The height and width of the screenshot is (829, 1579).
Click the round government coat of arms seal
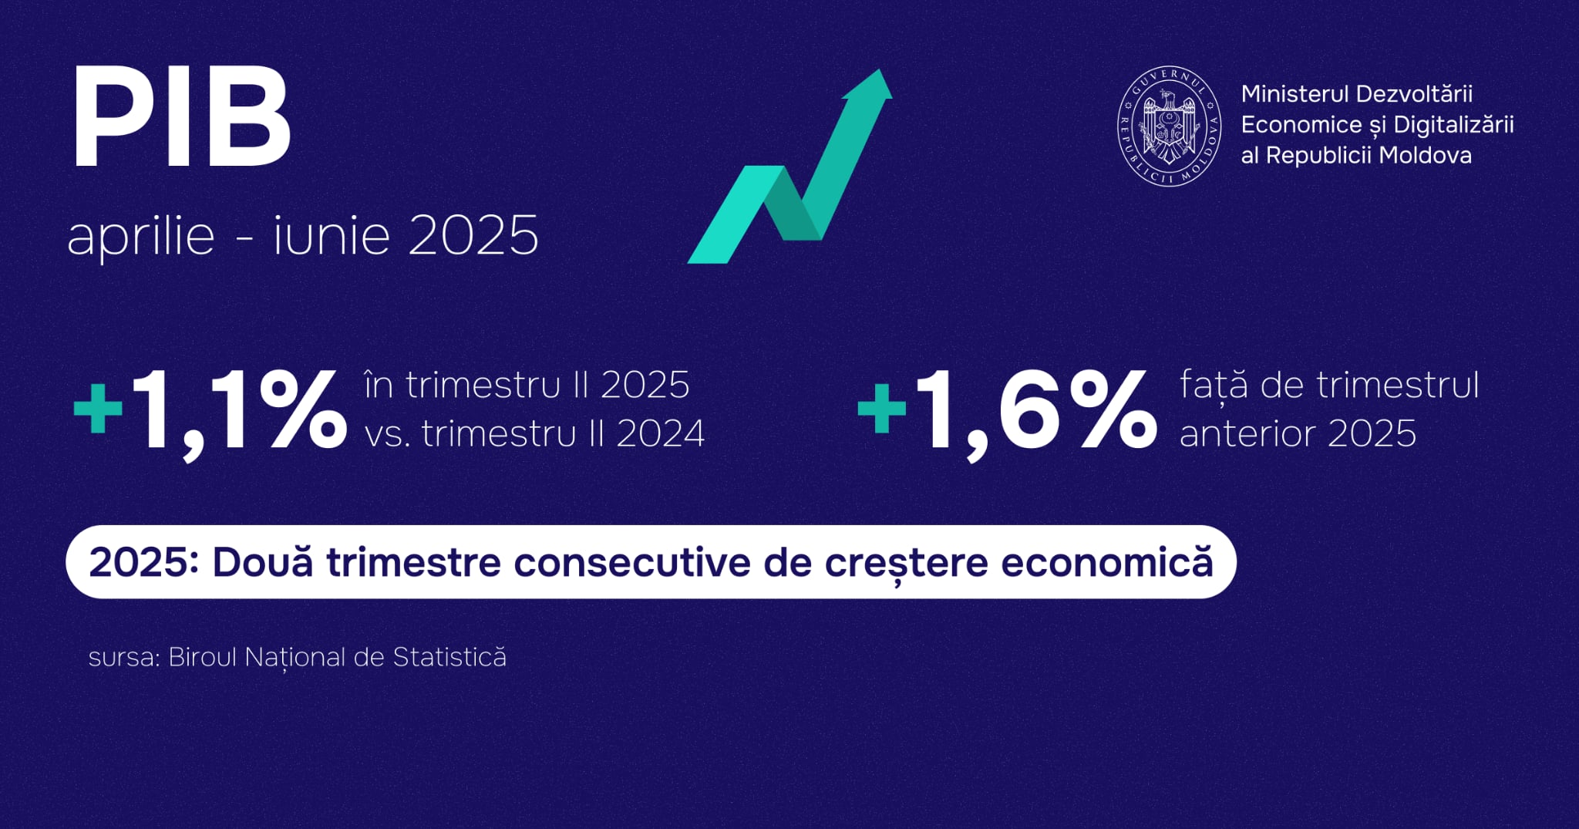click(x=1170, y=125)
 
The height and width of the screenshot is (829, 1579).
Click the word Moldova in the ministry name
click(x=1425, y=156)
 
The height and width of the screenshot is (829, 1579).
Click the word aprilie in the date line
click(x=141, y=236)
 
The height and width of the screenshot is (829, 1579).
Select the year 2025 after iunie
click(x=473, y=236)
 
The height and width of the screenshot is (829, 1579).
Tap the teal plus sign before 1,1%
click(x=98, y=407)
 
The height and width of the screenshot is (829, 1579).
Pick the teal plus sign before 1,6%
click(x=882, y=407)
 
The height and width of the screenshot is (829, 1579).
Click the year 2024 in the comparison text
click(x=661, y=434)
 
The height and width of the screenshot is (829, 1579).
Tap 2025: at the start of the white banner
click(x=144, y=562)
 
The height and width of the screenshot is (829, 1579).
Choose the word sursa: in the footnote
click(x=124, y=658)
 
